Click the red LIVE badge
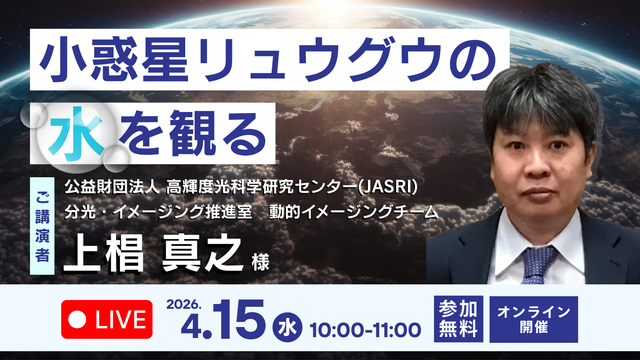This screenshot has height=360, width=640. pos(106,319)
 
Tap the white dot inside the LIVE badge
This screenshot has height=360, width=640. pos(77,320)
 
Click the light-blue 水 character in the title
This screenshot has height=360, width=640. pos(76,134)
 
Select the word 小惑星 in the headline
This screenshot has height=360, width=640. pos(114,60)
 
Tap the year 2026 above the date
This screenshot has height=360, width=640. pos(184,304)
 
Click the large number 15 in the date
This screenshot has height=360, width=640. pos(239,319)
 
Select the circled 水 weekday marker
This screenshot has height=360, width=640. pos(287,327)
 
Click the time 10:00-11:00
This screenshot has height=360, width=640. pos(366,330)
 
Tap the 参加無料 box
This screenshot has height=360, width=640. pos(458,319)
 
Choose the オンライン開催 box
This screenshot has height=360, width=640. pos(534,319)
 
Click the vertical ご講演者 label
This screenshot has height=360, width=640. pos(42,226)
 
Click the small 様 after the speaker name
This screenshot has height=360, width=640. pos(260,262)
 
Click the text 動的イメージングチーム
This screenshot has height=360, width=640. pos(354,212)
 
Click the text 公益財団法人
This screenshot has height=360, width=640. pos(112,188)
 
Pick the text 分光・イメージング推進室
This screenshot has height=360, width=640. pos(158,212)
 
